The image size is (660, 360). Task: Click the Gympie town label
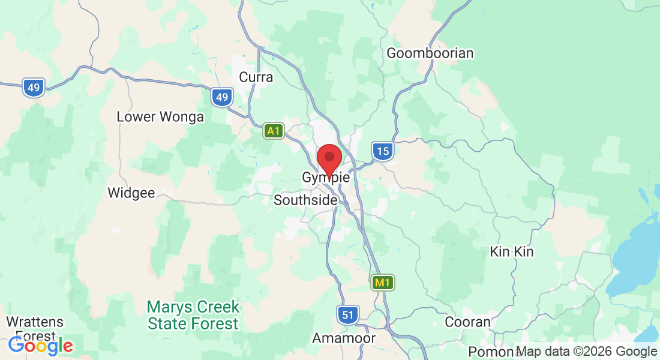point(326,178)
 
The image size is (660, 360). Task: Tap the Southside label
point(305,200)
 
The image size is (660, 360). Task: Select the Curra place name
point(256,77)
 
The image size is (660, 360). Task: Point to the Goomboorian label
point(430,53)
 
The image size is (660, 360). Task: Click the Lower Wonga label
point(160,117)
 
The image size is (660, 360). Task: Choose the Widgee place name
point(131,193)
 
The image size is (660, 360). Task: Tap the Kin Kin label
point(511,251)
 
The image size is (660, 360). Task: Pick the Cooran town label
point(467,322)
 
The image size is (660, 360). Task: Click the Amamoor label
point(344,338)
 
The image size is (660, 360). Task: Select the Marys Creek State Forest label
point(193,316)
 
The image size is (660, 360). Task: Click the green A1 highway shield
point(274,131)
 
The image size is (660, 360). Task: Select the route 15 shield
point(382,151)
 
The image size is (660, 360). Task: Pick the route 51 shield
point(347,314)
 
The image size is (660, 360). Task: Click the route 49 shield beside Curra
point(222,97)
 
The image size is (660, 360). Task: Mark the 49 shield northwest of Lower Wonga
point(34,88)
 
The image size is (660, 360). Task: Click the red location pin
point(329,158)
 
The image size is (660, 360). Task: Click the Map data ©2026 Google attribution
point(586,352)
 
